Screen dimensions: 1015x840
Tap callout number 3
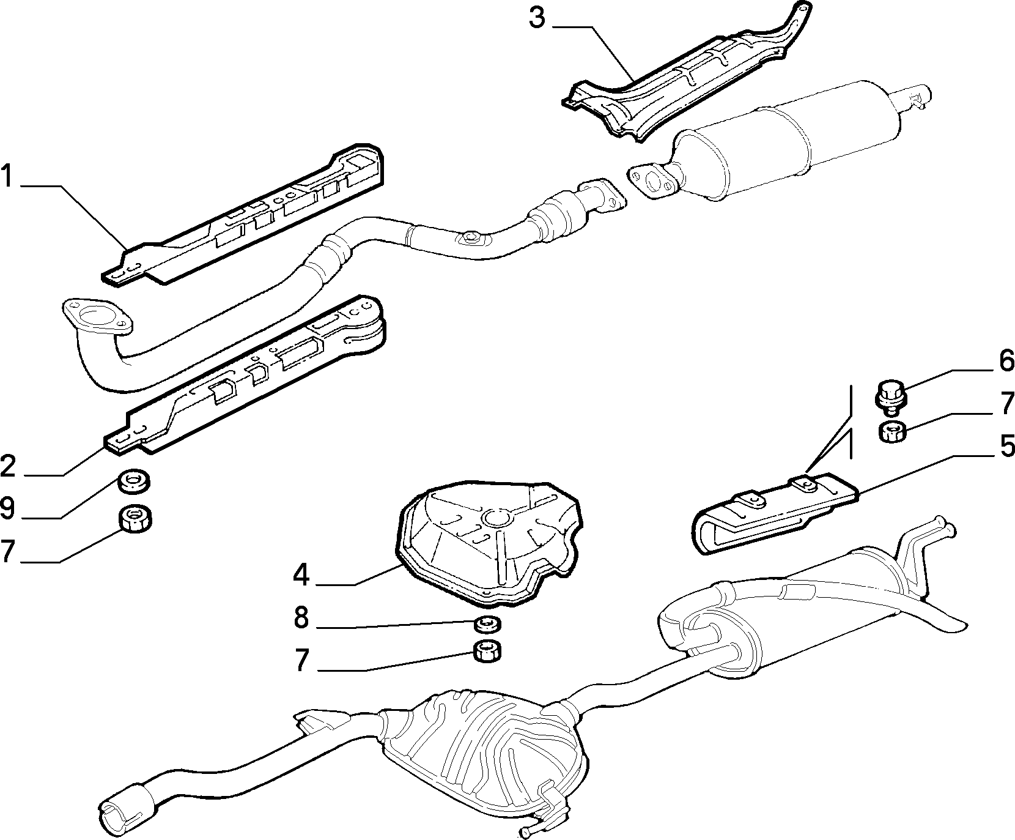point(536,18)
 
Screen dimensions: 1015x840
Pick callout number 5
point(1005,446)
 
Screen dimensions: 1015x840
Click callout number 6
point(1006,361)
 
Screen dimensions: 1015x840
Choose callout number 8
point(301,618)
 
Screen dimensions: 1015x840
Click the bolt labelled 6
point(891,394)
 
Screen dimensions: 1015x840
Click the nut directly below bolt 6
point(892,432)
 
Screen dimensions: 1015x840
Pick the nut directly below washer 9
point(135,519)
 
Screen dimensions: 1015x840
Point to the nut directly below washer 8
point(488,652)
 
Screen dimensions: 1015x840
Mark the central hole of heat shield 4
point(493,519)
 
